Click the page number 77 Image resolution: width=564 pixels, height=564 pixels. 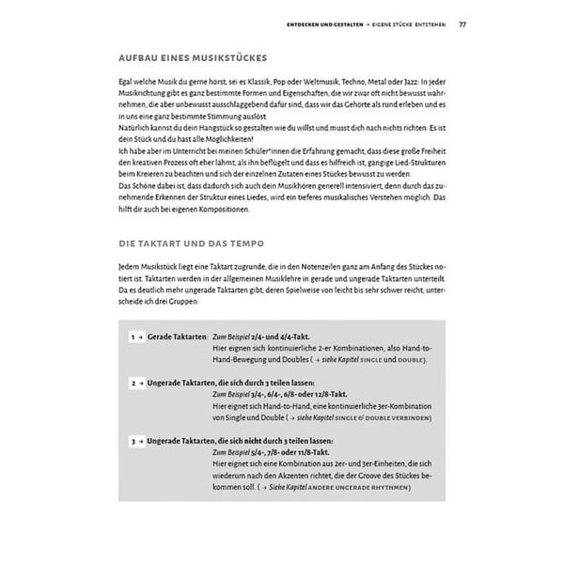462,23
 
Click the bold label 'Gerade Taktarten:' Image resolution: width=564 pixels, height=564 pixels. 178,335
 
